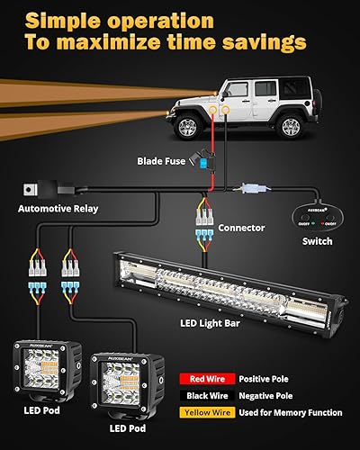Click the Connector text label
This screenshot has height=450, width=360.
[240, 228]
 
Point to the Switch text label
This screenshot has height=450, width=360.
[317, 241]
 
